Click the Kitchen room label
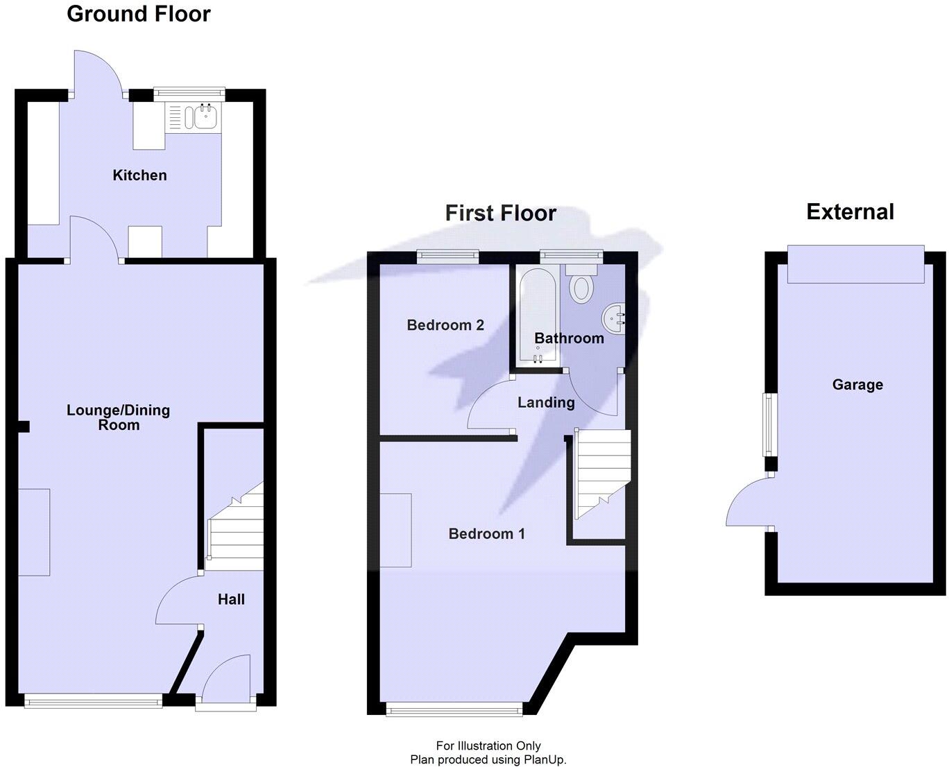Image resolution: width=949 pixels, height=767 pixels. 139,175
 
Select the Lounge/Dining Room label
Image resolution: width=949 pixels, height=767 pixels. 118,417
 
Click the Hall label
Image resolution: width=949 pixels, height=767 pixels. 231,600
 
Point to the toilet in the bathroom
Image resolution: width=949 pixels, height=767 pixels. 580,284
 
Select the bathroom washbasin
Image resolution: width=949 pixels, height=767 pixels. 613,319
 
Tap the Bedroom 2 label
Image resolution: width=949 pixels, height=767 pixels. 445,325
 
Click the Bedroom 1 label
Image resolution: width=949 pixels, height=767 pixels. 486,534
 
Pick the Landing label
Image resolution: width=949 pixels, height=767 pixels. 546,403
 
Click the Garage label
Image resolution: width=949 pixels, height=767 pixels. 857,385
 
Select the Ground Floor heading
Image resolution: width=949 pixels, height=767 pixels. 139,14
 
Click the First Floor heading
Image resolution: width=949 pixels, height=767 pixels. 500,213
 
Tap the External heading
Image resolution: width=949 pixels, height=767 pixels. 850,212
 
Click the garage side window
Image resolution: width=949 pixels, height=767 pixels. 769,424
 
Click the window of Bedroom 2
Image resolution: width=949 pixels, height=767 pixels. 447,257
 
